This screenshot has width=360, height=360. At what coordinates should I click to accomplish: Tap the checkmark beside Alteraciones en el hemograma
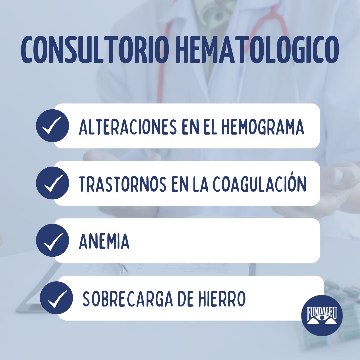coord(52,126)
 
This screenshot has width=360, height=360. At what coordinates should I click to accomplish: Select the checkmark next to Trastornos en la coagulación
coord(52,183)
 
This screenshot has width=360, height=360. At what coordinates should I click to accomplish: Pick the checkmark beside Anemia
coord(52,240)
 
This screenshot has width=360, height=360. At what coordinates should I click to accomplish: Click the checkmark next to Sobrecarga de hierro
coord(56,298)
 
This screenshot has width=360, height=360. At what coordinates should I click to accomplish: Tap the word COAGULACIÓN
coord(259,184)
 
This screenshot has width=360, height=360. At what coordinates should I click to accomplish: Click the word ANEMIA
coord(104,241)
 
